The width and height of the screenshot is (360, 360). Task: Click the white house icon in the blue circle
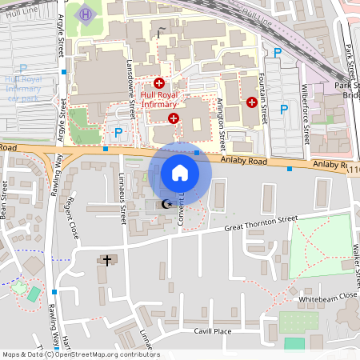point(180,172)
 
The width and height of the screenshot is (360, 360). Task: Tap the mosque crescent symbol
point(166,205)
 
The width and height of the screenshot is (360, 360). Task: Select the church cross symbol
point(108,260)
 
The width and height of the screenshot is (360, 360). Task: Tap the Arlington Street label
point(222,125)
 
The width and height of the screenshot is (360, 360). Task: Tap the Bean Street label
point(4,200)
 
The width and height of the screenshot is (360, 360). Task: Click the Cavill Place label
point(211,330)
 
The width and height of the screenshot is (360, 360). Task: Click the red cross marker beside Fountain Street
point(252,102)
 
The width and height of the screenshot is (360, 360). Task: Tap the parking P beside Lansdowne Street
point(118,133)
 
